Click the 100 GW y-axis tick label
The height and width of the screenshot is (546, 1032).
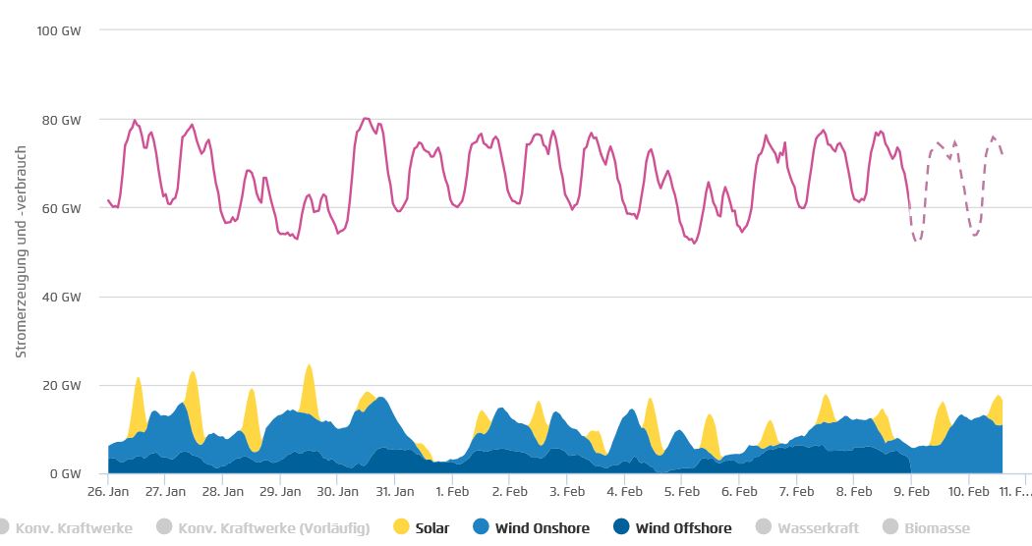[58, 30]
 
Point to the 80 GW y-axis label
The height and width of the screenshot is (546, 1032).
[61, 120]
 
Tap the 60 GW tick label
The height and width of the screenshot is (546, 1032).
[61, 208]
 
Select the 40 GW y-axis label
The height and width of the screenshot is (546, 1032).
[61, 297]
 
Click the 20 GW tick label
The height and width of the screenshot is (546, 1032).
[61, 385]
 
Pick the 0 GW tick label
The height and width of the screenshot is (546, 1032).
[65, 473]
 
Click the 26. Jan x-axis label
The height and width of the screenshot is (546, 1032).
[108, 490]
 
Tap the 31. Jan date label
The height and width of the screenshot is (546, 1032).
[395, 490]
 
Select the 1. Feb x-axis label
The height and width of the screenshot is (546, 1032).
[452, 490]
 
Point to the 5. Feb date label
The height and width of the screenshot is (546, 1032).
[682, 490]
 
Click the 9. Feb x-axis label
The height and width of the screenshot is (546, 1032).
[912, 490]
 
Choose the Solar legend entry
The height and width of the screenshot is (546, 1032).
[423, 528]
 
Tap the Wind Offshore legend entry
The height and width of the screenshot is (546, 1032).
[672, 528]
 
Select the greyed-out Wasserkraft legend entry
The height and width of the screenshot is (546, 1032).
[810, 528]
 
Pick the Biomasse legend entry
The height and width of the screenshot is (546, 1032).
[927, 528]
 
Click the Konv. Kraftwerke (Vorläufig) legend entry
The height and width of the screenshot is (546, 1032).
[263, 528]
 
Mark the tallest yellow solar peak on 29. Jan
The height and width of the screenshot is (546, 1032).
[309, 367]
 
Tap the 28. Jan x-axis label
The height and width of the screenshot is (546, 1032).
[223, 490]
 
